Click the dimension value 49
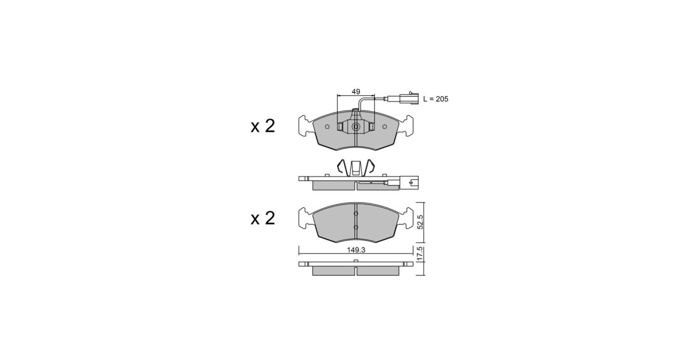[355, 92]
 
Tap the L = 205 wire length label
[436, 99]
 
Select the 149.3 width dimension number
[356, 250]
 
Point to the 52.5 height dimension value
[420, 222]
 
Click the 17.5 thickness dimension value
[420, 254]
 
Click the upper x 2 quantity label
[263, 126]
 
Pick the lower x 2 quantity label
[263, 218]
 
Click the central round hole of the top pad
[355, 127]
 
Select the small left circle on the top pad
[327, 127]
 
